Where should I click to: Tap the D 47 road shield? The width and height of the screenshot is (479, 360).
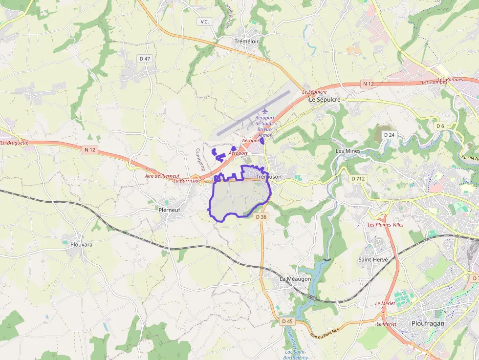(145, 59)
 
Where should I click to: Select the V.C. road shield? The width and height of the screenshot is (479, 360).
(204, 21)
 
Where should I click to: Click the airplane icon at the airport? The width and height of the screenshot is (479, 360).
(265, 110)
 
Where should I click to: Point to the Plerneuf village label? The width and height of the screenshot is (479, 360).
(170, 210)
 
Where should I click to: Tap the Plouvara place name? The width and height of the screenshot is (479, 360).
(81, 244)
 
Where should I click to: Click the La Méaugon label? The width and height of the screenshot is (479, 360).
(295, 278)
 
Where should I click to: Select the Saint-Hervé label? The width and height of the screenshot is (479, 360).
(373, 259)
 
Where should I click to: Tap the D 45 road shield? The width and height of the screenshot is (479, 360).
(287, 321)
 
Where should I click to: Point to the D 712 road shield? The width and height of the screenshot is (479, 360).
(358, 179)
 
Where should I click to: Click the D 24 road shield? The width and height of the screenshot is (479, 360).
(389, 135)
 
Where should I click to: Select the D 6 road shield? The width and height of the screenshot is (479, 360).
(440, 126)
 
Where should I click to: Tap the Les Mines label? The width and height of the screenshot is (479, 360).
(348, 151)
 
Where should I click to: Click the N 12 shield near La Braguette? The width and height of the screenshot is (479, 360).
(89, 150)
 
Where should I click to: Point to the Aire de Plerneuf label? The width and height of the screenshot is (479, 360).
(162, 176)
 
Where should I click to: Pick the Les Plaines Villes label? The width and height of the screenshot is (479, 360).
(385, 225)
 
